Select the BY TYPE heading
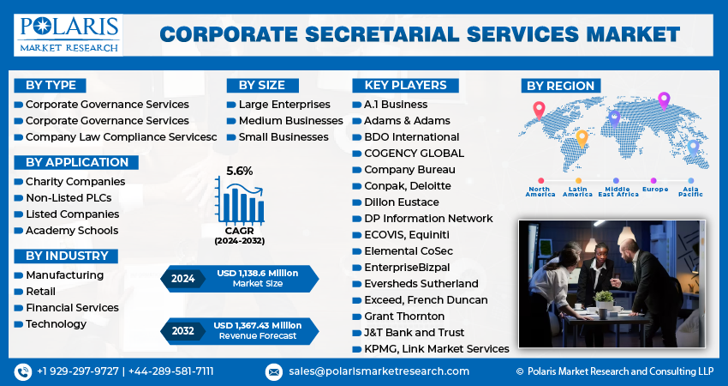coord(51,85)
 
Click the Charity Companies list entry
coord(75,181)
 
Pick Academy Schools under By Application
coord(72,230)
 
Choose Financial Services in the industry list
coord(72,307)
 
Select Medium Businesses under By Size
coord(290,120)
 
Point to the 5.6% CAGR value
coord(239,171)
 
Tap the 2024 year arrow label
coord(182,278)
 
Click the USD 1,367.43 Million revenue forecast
coord(258,325)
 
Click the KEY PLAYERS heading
coord(405,85)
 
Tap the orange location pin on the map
coord(582,137)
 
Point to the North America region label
coord(540,191)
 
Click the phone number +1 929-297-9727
coord(78,371)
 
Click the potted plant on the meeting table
coord(604,299)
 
